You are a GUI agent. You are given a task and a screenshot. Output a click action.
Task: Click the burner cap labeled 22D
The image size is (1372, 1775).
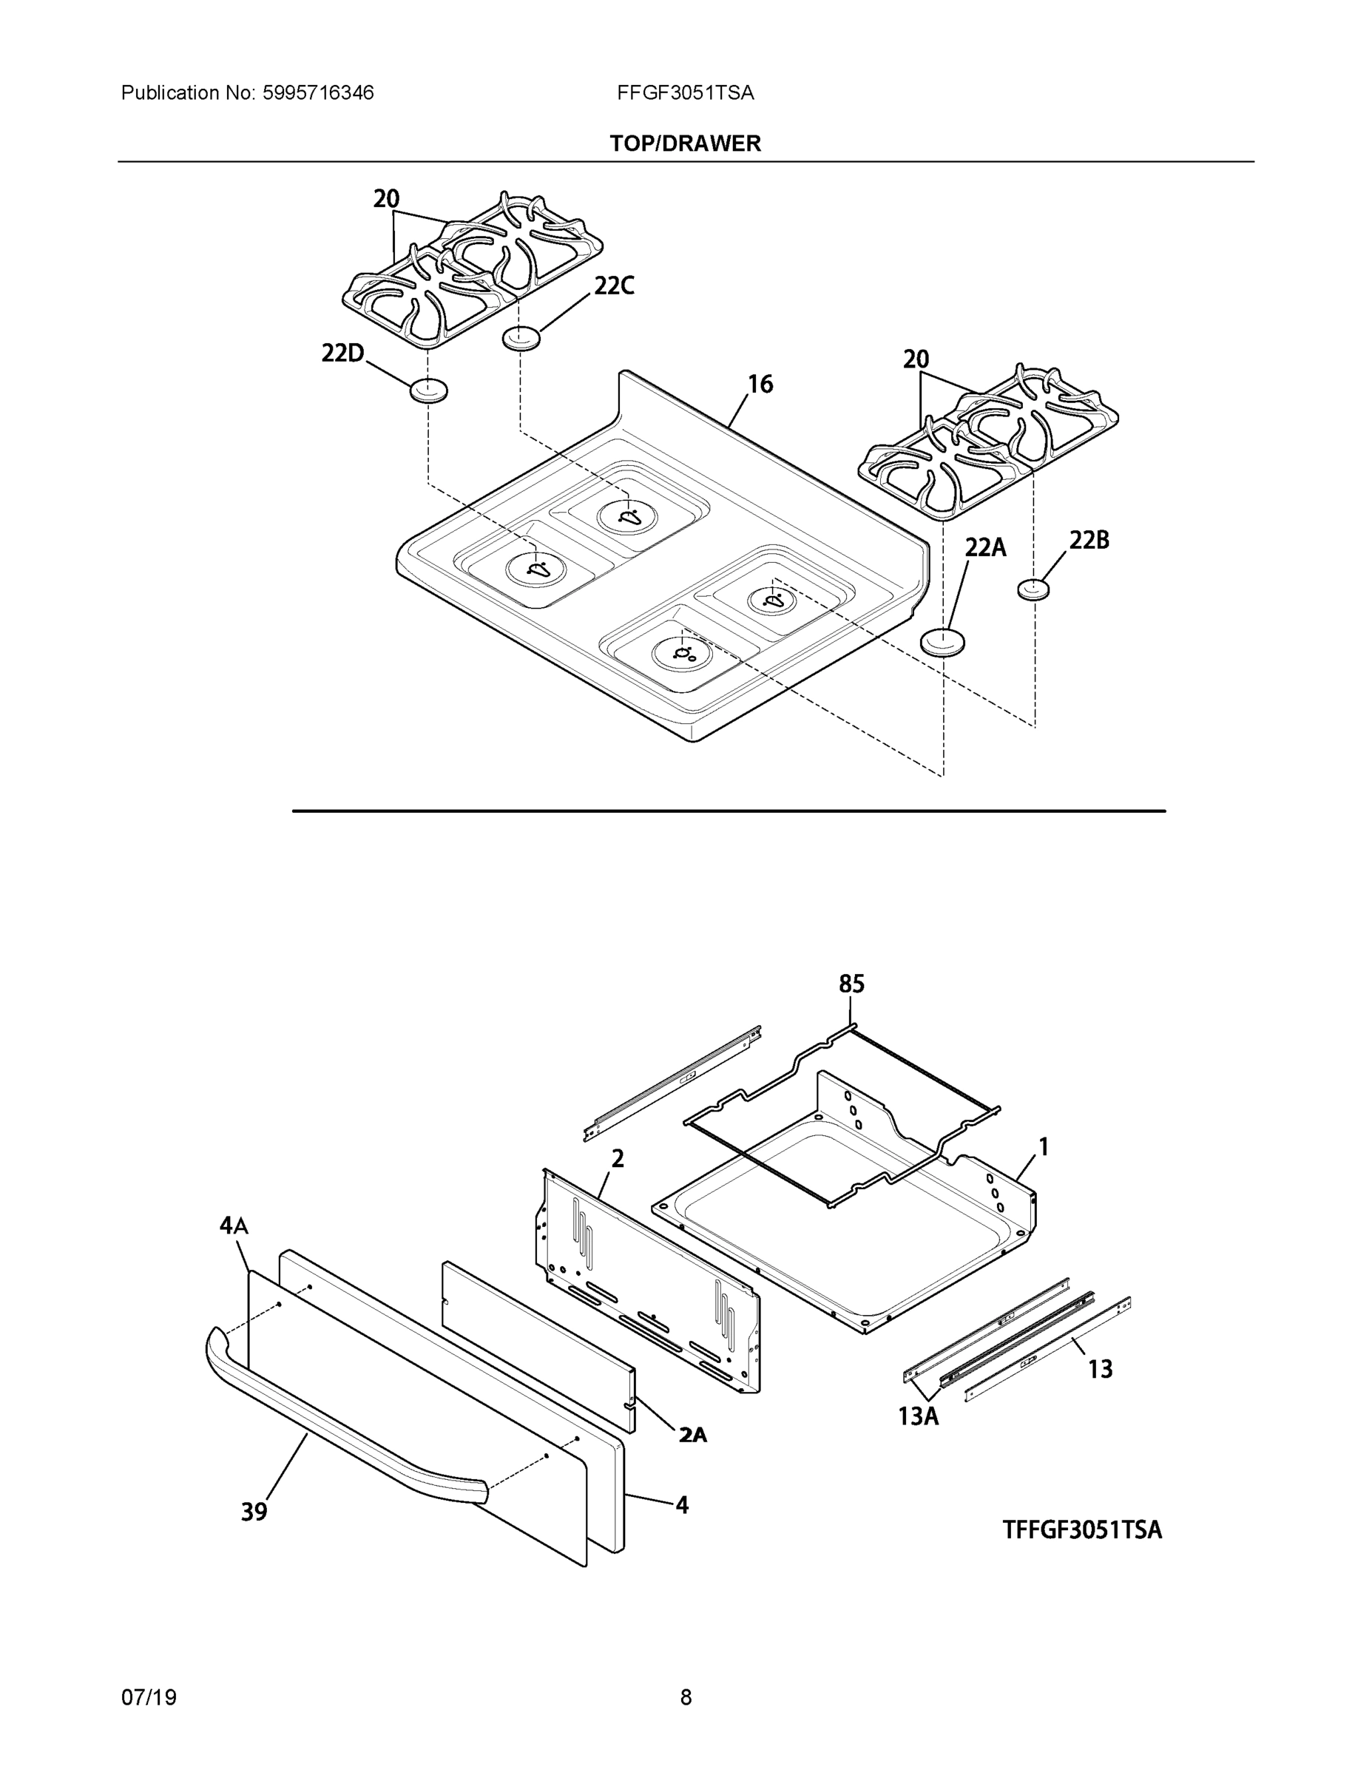(428, 390)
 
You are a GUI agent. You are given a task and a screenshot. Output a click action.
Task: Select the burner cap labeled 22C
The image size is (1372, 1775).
(521, 337)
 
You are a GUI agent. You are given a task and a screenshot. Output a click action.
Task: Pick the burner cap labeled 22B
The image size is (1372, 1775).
(1033, 589)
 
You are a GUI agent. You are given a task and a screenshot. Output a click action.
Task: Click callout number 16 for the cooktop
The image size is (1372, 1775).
(760, 385)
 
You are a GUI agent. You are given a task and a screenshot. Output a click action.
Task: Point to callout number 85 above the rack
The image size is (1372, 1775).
(851, 984)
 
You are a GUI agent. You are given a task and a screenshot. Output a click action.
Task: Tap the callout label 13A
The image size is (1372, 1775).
(919, 1416)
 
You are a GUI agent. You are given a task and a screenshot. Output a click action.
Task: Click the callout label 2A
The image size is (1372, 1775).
(692, 1436)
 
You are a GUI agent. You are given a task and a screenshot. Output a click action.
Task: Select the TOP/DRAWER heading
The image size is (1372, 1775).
(685, 144)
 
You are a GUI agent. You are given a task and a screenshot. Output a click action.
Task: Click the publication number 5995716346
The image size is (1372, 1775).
(318, 93)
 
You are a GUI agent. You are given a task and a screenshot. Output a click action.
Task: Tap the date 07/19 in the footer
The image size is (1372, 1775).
(149, 1698)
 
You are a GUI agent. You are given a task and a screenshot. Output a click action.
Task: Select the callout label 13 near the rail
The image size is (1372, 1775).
(1100, 1370)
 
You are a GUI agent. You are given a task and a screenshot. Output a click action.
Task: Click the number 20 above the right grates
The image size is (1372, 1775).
(916, 359)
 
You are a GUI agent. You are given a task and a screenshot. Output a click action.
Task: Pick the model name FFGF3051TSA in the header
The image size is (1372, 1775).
(685, 93)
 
